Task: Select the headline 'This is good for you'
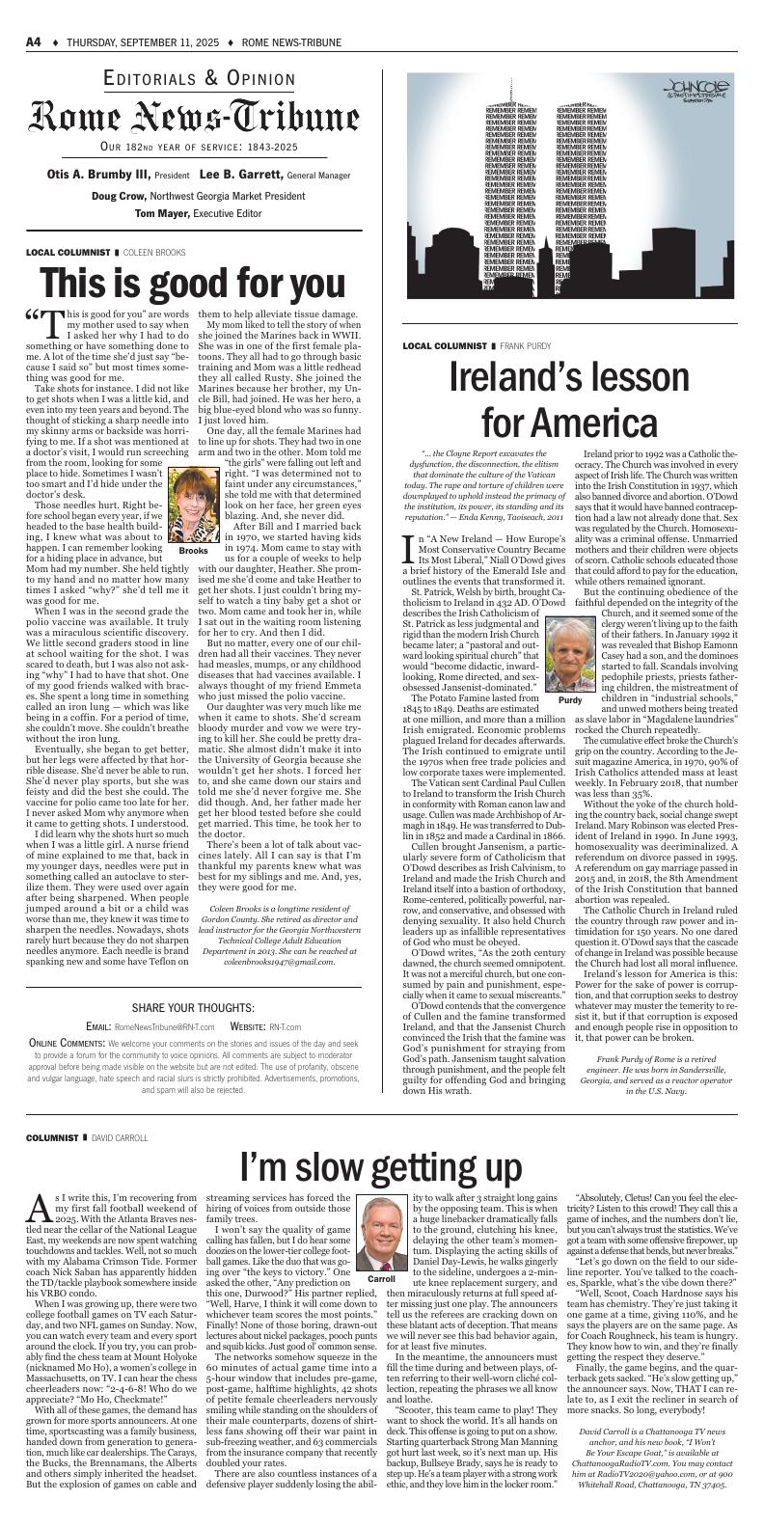pyautogui.click(x=193, y=284)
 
